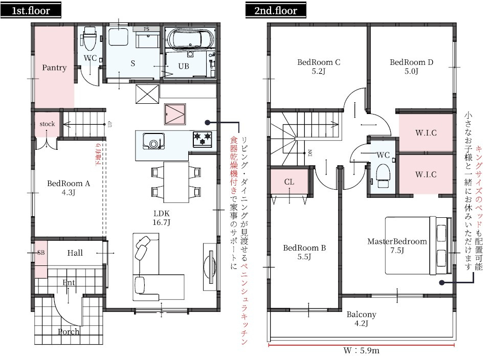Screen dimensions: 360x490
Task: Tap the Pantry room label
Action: (x=54, y=67)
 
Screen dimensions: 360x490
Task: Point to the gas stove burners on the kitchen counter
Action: (x=202, y=138)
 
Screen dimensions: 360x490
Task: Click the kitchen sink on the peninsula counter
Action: (x=152, y=140)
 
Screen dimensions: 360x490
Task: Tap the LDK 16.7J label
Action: (x=161, y=217)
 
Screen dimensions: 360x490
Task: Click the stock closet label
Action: (x=47, y=124)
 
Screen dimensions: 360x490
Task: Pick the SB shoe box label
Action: (x=41, y=253)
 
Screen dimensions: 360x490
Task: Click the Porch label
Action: (x=69, y=331)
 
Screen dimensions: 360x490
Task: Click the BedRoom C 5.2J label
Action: (x=319, y=66)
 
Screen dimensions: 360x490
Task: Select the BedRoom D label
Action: (x=411, y=66)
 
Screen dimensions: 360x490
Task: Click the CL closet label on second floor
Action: (x=289, y=182)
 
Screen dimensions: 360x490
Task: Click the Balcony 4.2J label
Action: (x=361, y=319)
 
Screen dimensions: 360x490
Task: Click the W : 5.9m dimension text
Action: (x=361, y=351)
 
